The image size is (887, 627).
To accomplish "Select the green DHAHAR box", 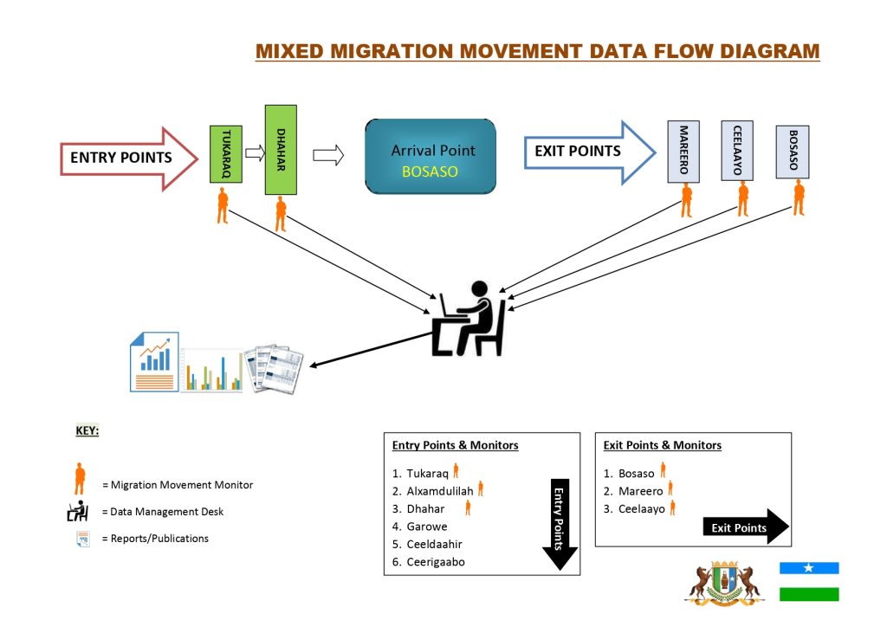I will [x=281, y=150].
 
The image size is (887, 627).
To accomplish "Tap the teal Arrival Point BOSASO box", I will [x=431, y=156].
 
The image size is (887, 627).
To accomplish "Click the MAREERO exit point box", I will [x=683, y=151].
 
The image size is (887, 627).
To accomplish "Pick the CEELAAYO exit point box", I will [x=737, y=151].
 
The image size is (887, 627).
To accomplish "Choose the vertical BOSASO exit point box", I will [x=793, y=152].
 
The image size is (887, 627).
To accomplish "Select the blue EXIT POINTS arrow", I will [x=589, y=152].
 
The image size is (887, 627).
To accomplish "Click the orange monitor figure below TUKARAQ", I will [x=223, y=206].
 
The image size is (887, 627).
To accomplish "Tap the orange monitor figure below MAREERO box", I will [x=686, y=199].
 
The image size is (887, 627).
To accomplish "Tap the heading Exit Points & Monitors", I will [x=663, y=445].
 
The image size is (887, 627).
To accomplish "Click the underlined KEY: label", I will [x=87, y=430].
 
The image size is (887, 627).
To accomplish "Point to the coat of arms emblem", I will [x=724, y=582].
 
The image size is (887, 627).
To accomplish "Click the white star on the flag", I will [x=809, y=568].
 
